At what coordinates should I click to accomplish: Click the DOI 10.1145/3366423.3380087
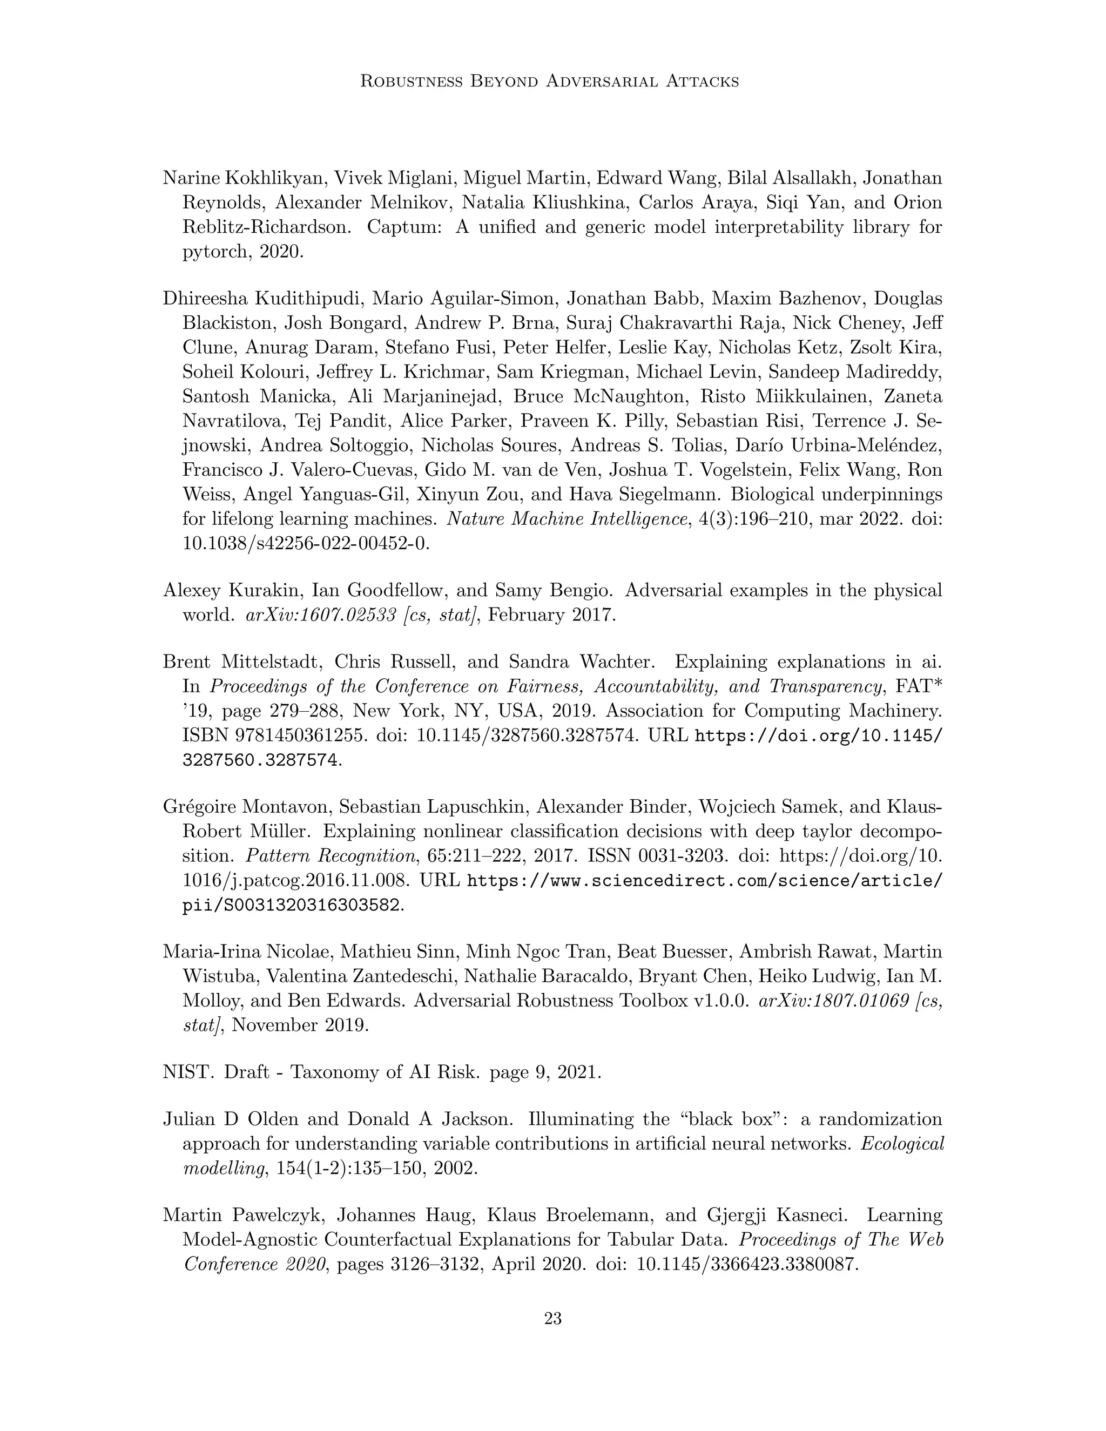746,1265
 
